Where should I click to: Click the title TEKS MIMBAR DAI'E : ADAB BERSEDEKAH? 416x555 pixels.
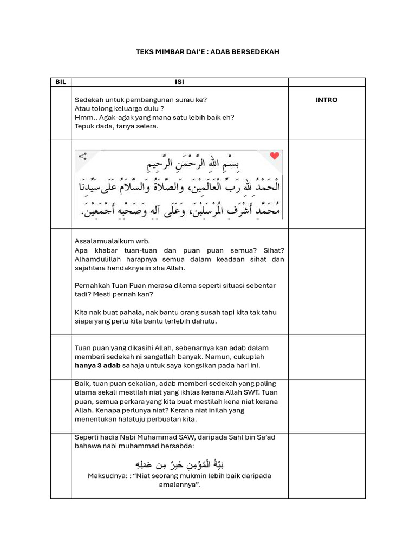tap(207, 52)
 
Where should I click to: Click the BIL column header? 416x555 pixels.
tap(61, 82)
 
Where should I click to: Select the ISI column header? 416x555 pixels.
tap(179, 82)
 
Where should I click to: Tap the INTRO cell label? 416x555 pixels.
tap(326, 100)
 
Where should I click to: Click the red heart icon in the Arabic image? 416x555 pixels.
tap(275, 156)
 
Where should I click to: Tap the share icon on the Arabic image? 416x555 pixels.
tap(83, 157)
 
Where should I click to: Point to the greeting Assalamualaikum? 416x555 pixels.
tap(101, 241)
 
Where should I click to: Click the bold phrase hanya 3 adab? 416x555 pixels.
tap(97, 366)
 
